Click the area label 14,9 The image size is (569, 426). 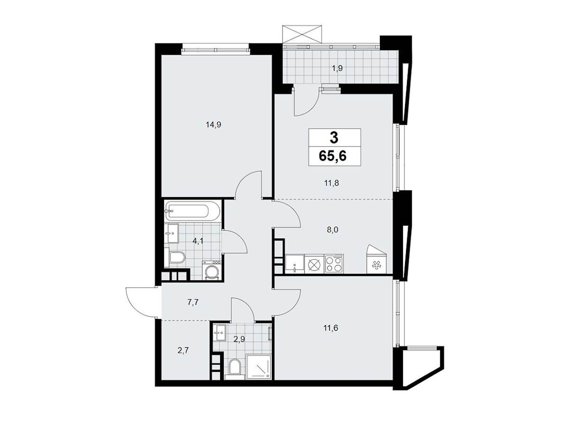point(213,125)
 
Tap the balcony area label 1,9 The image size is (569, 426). point(337,69)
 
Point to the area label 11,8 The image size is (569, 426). point(331,184)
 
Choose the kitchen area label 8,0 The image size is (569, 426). point(333,230)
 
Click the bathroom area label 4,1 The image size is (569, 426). point(198,241)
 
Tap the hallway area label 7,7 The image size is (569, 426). point(193,302)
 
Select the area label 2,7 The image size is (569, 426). point(183,351)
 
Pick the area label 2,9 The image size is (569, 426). point(239,339)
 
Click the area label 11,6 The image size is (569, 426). point(331,328)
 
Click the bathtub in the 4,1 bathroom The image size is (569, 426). point(192,211)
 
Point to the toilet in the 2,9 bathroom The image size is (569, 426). point(235,366)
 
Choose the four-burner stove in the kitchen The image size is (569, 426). point(334,263)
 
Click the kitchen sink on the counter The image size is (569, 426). point(294,263)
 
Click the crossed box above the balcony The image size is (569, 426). point(302,34)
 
